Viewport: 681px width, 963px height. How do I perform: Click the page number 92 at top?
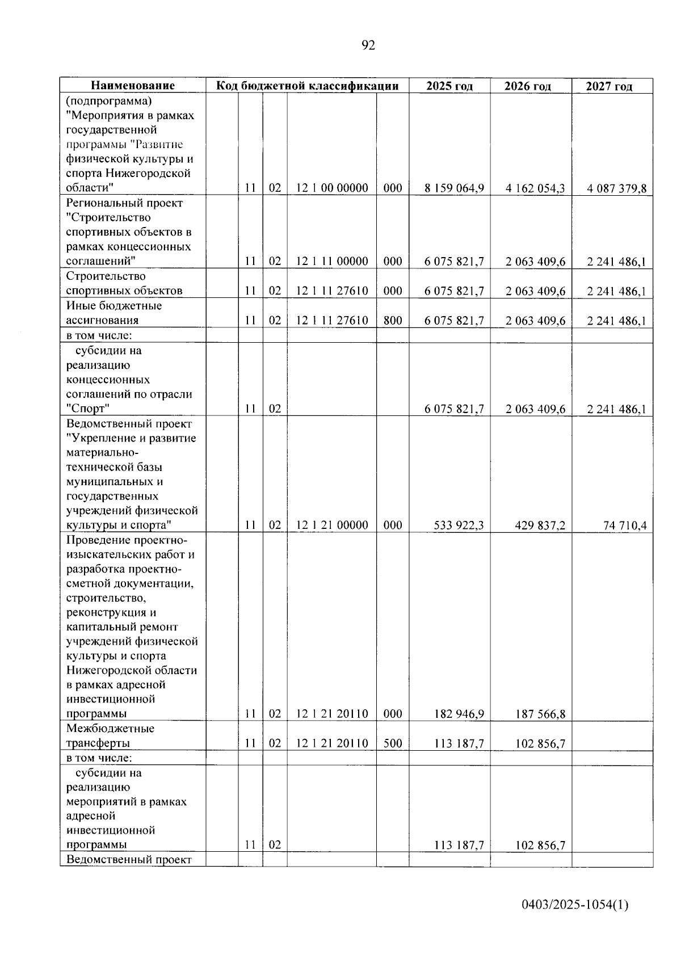pyautogui.click(x=368, y=45)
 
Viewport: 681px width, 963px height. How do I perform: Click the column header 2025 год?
pyautogui.click(x=449, y=86)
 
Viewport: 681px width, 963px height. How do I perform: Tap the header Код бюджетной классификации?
pyautogui.click(x=307, y=86)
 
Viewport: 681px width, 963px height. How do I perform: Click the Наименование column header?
pyautogui.click(x=133, y=86)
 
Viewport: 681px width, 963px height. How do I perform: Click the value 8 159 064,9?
pyautogui.click(x=454, y=188)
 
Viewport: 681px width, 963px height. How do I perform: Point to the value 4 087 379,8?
pyautogui.click(x=616, y=188)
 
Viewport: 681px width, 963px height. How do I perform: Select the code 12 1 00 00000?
pyautogui.click(x=332, y=188)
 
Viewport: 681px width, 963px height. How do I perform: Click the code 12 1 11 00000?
pyautogui.click(x=332, y=262)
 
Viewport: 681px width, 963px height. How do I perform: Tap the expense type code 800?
pyautogui.click(x=393, y=321)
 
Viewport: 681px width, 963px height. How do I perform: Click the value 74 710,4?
pyautogui.click(x=625, y=525)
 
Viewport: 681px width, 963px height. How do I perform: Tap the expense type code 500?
pyautogui.click(x=393, y=744)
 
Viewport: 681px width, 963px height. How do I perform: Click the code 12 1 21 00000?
pyautogui.click(x=332, y=525)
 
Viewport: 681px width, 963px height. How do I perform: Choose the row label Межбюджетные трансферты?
pyautogui.click(x=110, y=736)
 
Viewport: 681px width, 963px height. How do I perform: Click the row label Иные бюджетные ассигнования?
pyautogui.click(x=113, y=313)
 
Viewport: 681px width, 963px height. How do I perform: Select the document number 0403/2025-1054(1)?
pyautogui.click(x=575, y=906)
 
